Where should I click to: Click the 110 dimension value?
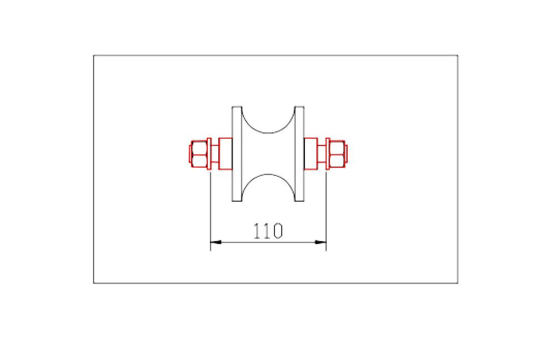pos(268,231)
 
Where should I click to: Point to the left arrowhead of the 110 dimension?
pos(216,242)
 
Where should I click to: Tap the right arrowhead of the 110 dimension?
pos(320,242)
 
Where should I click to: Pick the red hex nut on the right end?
pos(337,154)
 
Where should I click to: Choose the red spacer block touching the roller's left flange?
pos(225,154)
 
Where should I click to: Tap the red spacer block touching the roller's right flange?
pos(310,154)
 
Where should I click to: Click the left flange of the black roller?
pos(236,154)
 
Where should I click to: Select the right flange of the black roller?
pos(300,154)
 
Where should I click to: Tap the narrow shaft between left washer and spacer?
pos(216,154)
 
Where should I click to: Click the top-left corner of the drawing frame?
pos(94,56)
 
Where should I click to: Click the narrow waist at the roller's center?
pos(268,154)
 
